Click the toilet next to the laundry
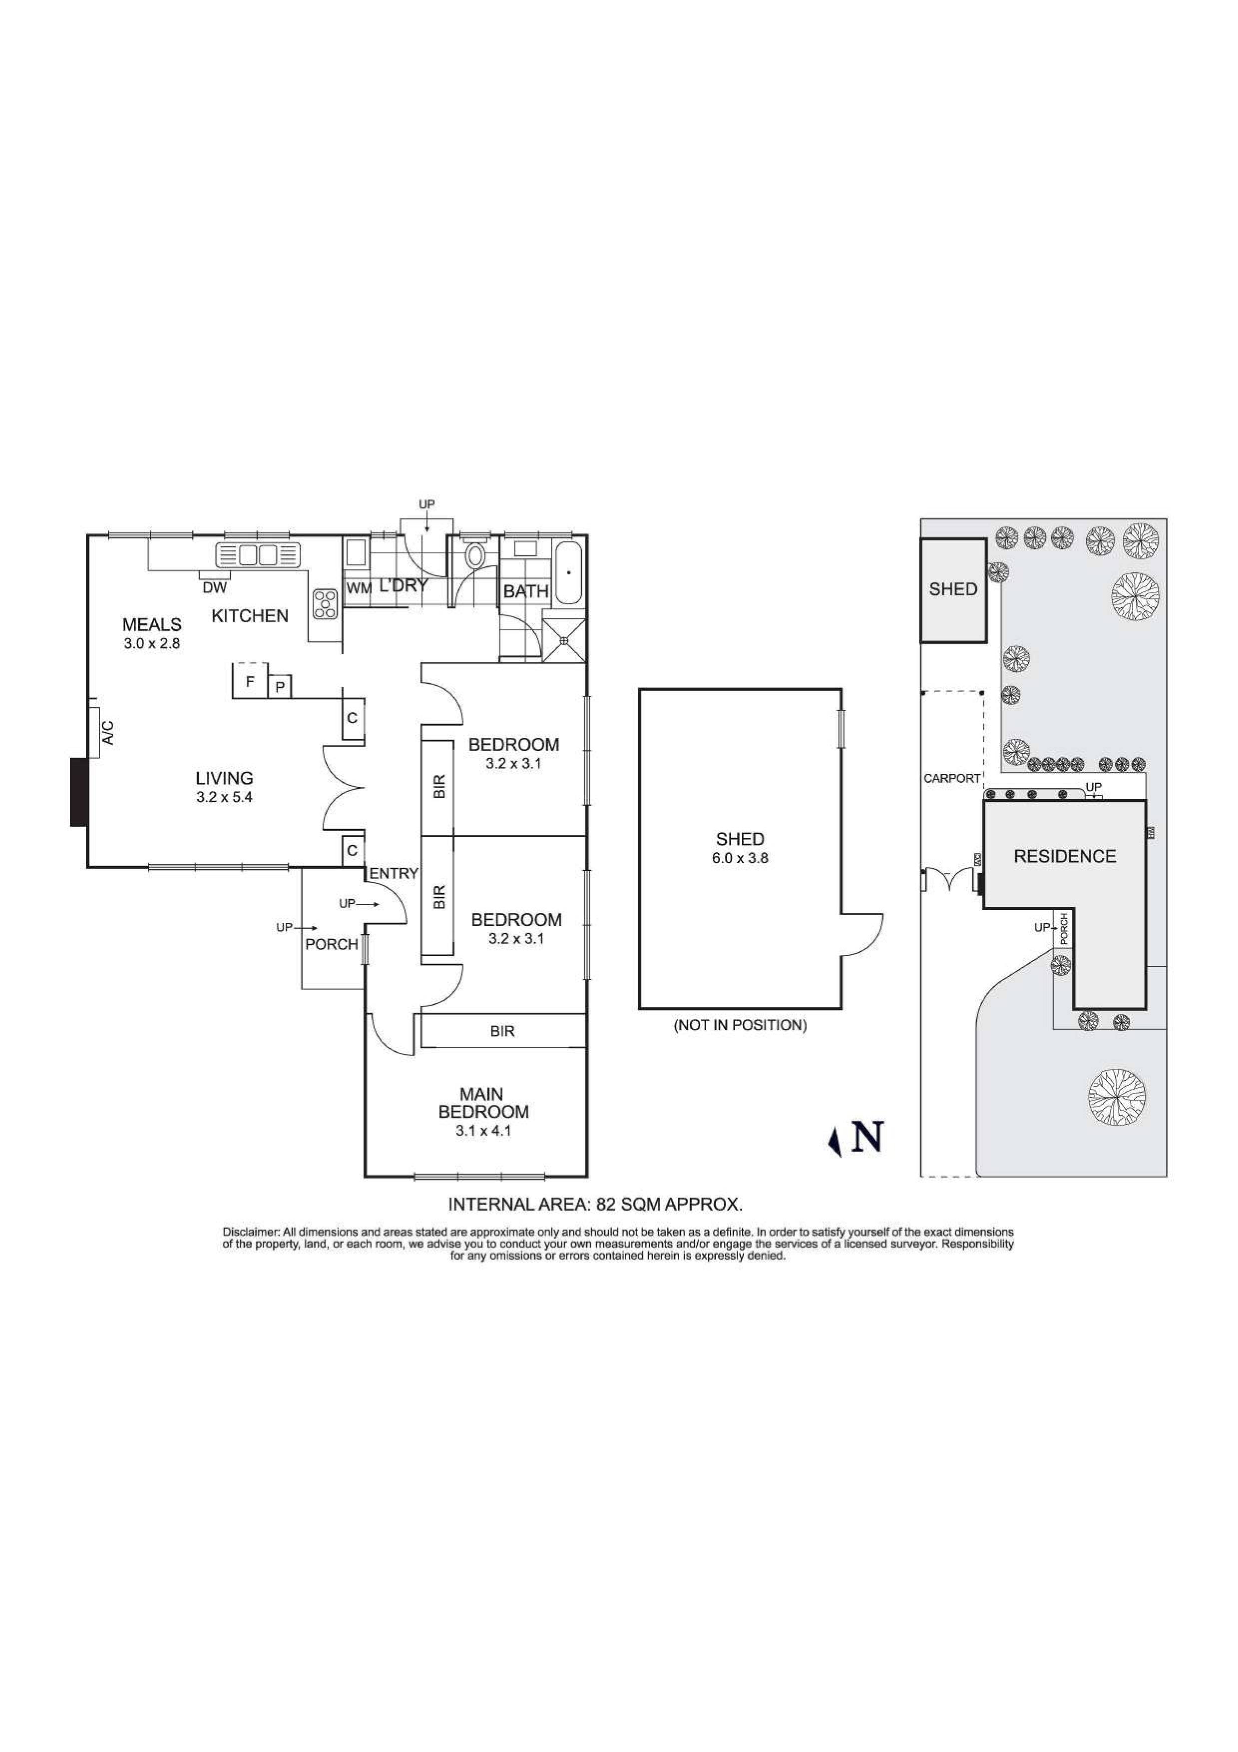point(475,555)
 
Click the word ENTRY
point(394,874)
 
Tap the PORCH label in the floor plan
point(331,945)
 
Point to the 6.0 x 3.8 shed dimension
point(740,858)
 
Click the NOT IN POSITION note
point(739,1025)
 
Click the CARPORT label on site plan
point(951,779)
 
